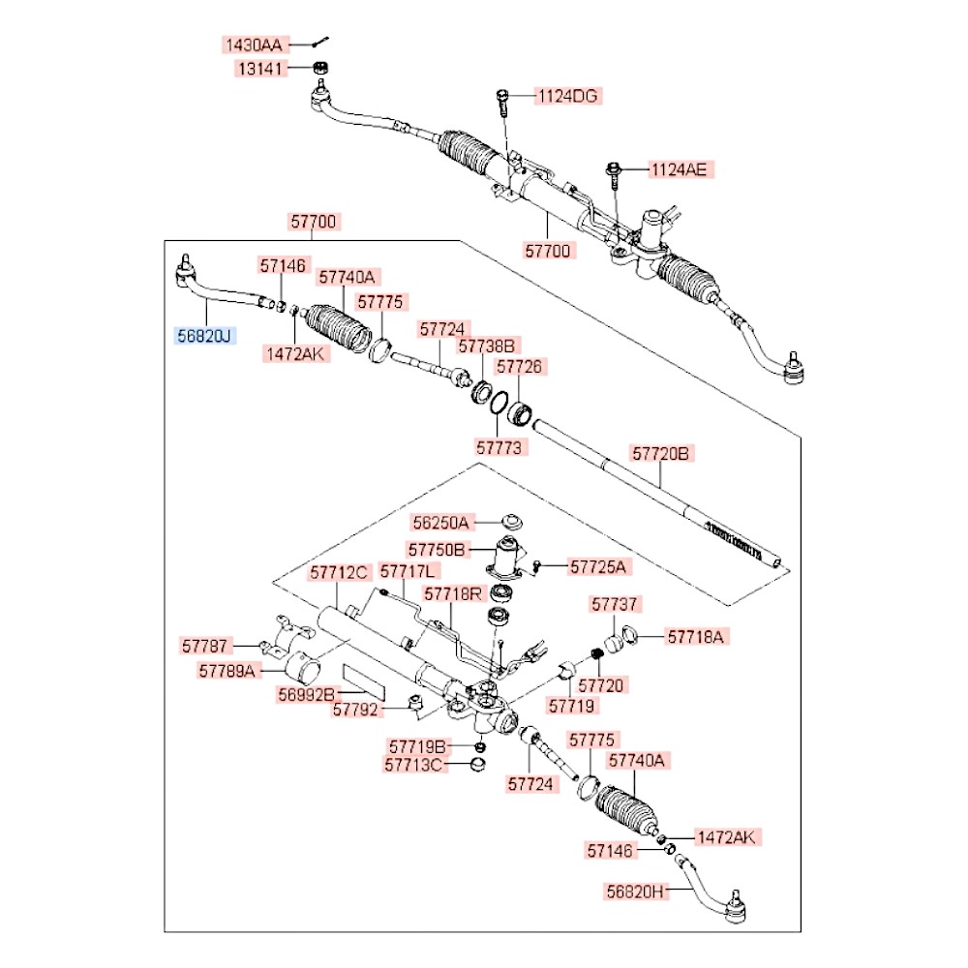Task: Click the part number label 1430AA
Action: [x=253, y=45]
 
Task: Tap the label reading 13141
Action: [x=257, y=69]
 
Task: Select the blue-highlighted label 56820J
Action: [x=204, y=335]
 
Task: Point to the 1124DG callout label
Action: [x=568, y=96]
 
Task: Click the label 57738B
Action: [x=489, y=345]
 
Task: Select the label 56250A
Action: [x=440, y=523]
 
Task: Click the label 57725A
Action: [x=597, y=565]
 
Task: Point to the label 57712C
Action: [x=340, y=572]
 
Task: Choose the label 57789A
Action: [x=229, y=669]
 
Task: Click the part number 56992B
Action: [x=306, y=694]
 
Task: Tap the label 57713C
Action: [x=416, y=766]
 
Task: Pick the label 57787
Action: [x=206, y=644]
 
